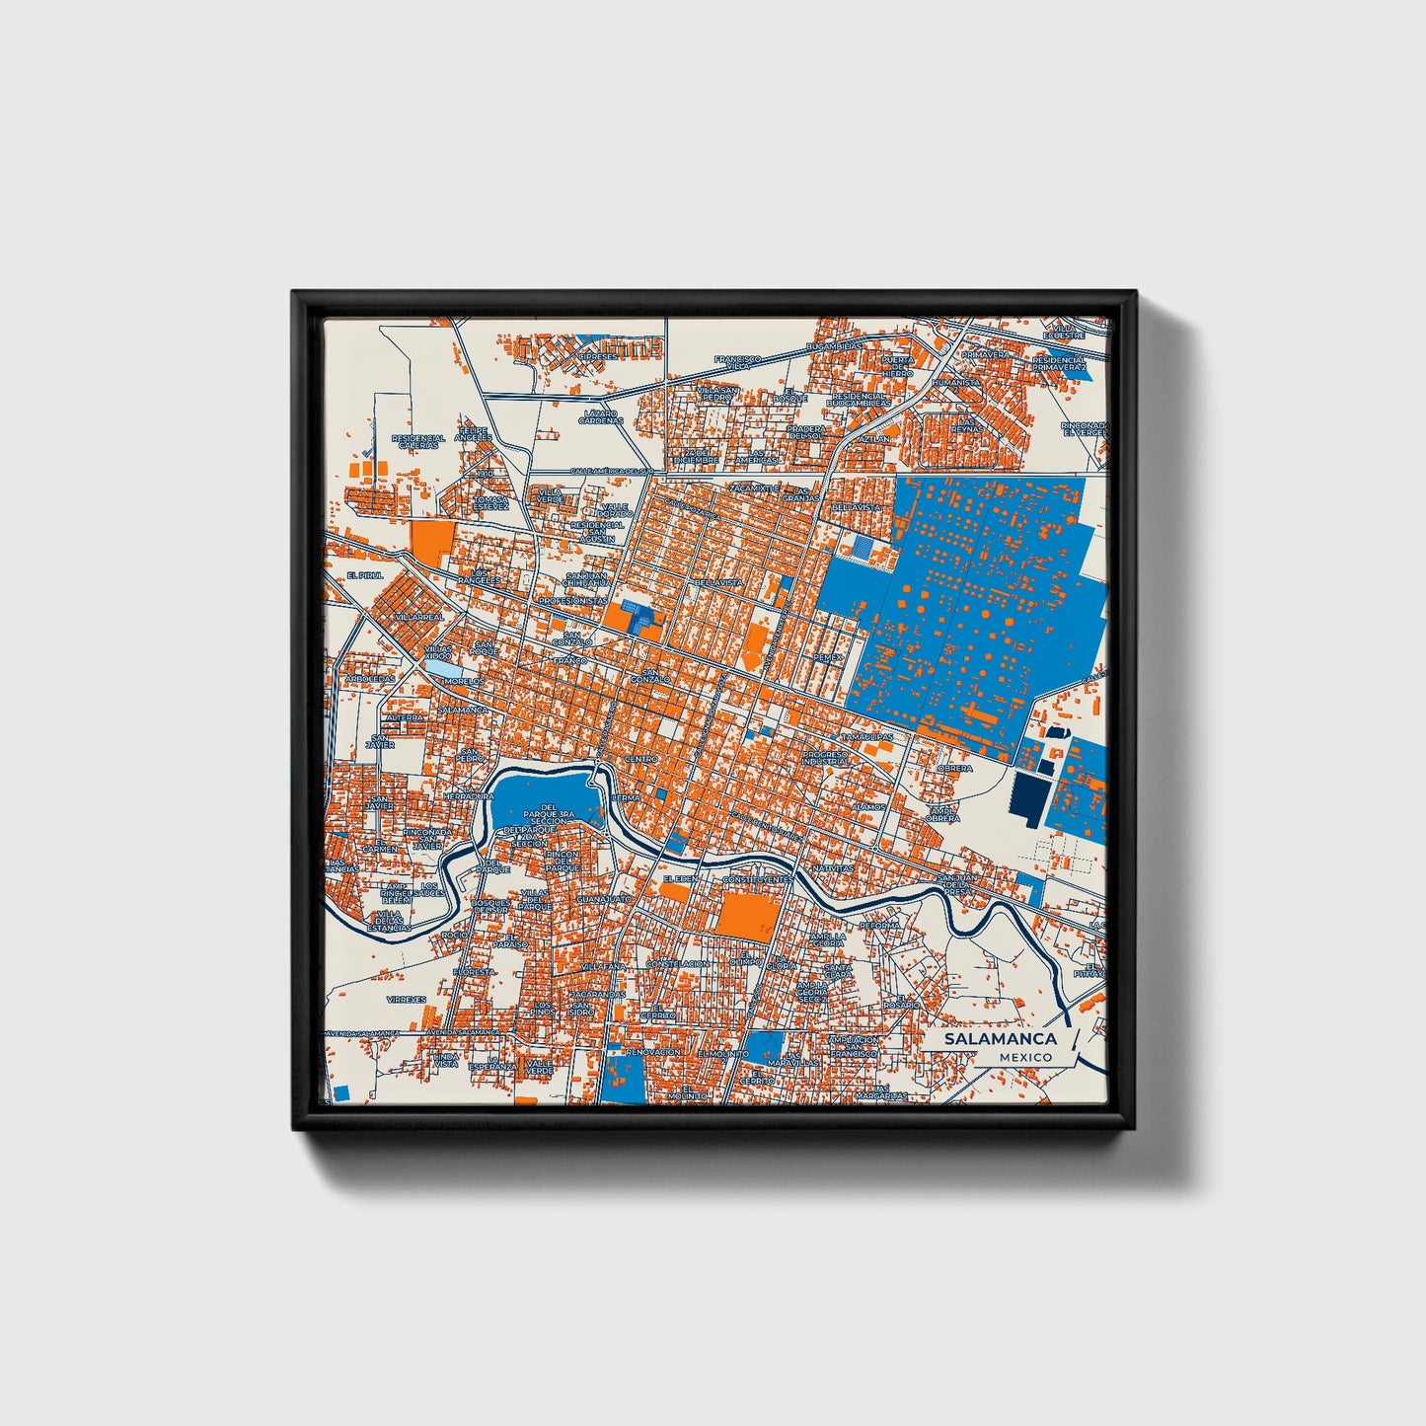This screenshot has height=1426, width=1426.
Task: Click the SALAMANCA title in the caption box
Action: [x=1000, y=1038]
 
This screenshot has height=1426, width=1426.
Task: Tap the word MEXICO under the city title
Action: [x=1024, y=1057]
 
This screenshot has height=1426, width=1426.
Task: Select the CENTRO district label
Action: [x=641, y=759]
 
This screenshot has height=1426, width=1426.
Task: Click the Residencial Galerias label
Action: [x=417, y=442]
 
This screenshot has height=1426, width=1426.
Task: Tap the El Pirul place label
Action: [x=364, y=574]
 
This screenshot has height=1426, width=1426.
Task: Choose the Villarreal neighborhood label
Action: [x=419, y=617]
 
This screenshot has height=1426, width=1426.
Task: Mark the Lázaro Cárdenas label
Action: [x=603, y=416]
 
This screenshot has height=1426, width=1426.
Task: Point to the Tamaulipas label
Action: [x=867, y=737]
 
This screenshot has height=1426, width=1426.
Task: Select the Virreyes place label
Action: [x=406, y=999]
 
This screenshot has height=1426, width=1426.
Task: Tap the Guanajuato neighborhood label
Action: [x=603, y=900]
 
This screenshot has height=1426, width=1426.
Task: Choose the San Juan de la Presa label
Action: [x=957, y=882]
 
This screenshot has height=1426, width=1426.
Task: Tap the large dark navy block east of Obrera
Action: [x=1027, y=796]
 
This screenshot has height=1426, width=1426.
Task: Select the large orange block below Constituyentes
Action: [x=746, y=916]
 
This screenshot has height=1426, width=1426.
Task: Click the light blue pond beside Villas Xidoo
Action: [x=440, y=670]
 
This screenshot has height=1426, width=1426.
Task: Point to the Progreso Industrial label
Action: [x=825, y=758]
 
